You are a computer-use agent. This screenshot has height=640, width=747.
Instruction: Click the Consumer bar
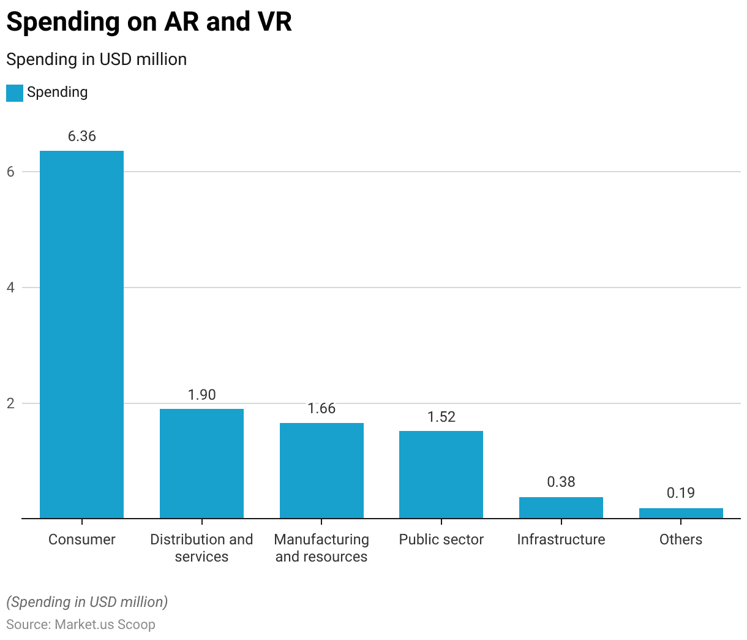[x=81, y=335]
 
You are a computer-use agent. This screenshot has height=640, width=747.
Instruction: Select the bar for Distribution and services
[x=201, y=463]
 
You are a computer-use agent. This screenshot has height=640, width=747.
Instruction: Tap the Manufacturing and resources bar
[x=321, y=471]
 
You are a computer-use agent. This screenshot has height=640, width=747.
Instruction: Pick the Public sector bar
[x=441, y=475]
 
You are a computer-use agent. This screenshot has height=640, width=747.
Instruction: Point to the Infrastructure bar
[x=561, y=508]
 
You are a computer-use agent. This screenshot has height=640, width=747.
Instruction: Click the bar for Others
[x=681, y=514]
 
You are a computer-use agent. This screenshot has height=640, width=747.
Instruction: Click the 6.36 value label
[x=81, y=136]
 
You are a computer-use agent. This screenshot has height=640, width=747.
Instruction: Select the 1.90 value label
[x=201, y=395]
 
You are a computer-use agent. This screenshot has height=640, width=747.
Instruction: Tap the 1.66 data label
[x=321, y=408]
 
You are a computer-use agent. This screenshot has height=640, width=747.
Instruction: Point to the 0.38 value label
[x=561, y=482]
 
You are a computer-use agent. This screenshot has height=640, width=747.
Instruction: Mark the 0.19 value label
[x=681, y=493]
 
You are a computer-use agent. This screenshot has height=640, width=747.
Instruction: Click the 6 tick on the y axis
[x=10, y=172]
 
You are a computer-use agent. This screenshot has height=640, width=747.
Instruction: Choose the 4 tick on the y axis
[x=10, y=288]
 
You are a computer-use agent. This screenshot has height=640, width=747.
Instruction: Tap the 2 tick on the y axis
[x=10, y=403]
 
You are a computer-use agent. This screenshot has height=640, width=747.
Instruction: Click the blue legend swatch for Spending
[x=15, y=93]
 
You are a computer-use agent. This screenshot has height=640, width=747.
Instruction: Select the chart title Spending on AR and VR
[x=149, y=22]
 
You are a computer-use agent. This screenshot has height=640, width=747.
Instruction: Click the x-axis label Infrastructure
[x=561, y=539]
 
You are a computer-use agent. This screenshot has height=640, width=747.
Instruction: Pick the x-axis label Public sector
[x=441, y=539]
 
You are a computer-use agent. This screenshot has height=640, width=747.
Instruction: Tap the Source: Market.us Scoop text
[x=81, y=625]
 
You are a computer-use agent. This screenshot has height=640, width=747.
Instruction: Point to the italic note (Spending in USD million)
[x=87, y=602]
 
